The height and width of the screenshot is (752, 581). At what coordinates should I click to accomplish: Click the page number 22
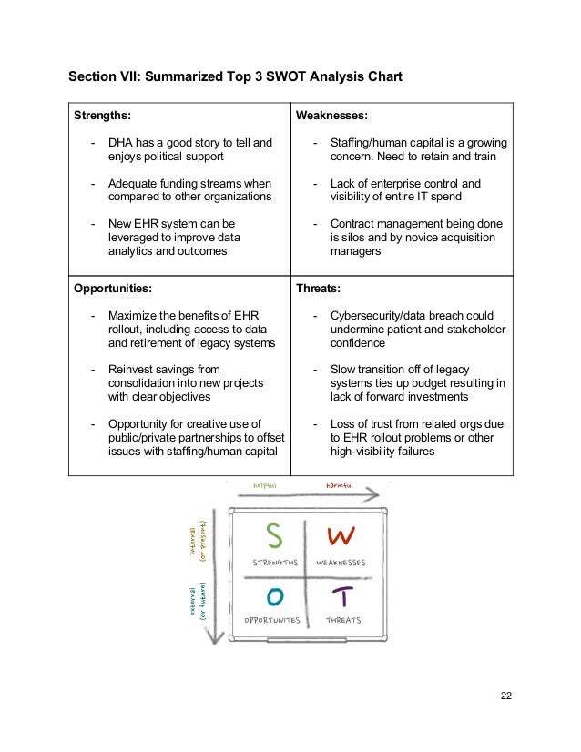505,696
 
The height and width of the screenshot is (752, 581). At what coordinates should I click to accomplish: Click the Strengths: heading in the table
102,117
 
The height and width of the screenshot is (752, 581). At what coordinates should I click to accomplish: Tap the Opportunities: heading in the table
113,288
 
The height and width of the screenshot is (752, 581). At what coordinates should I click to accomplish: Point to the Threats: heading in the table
318,288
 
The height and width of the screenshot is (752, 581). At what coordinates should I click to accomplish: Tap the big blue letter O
273,595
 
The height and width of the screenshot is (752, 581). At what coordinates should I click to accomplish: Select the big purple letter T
341,596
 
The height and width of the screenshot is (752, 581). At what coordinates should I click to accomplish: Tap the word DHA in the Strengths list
121,143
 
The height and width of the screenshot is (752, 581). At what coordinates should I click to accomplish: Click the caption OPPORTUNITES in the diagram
271,620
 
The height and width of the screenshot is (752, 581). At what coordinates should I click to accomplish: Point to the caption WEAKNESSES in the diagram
341,563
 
